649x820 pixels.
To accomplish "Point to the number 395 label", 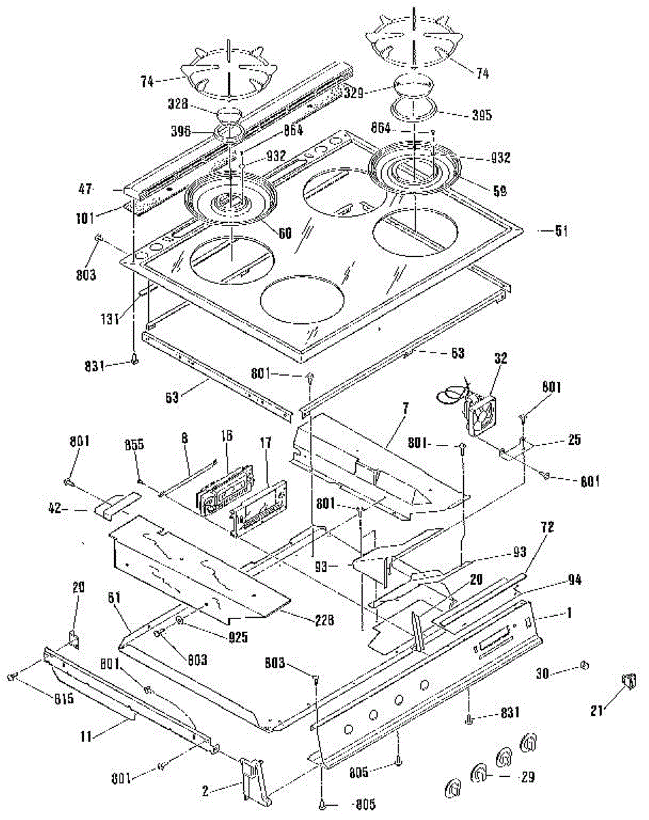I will point(465,115).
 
